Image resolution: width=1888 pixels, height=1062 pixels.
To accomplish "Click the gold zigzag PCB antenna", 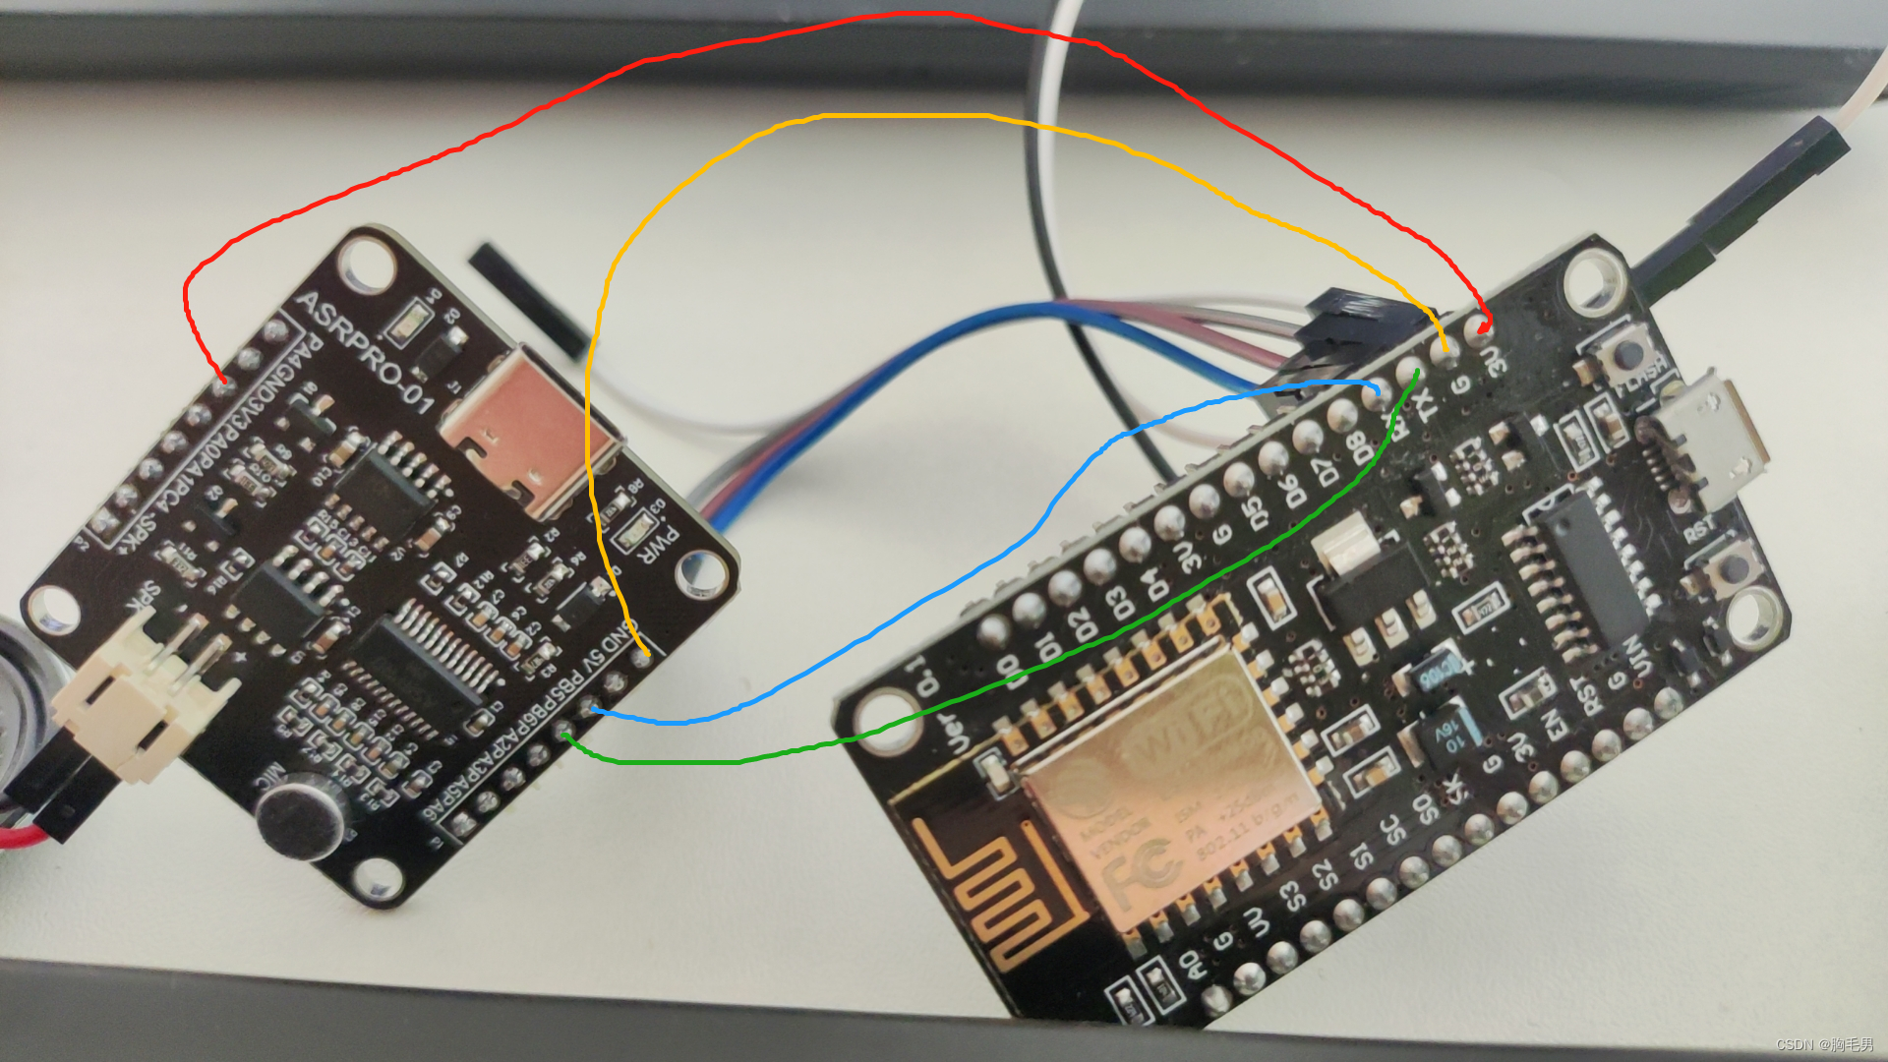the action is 993,895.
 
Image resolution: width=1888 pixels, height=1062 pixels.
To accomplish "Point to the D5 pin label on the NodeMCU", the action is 1254,512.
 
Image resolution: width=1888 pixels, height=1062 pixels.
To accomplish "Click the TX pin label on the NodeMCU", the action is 1425,398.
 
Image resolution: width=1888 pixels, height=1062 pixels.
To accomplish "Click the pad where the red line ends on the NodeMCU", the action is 1480,328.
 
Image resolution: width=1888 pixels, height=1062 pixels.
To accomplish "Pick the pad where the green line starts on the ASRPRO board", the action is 565,733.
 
